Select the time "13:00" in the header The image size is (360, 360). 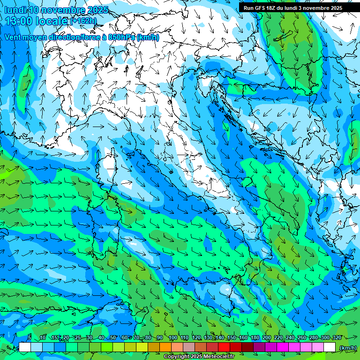coord(19,21)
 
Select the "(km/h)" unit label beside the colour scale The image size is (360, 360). coord(347,348)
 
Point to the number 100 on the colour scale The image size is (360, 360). coord(172,337)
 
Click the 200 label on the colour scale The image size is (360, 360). coord(267,337)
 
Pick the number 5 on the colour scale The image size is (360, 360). coord(29,337)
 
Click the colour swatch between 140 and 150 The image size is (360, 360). coord(224,347)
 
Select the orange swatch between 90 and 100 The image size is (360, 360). coord(165,347)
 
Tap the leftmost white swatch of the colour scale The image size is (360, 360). coord(25,347)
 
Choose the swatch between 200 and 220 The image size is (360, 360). coord(271,347)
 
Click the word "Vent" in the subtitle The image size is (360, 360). coord(14,37)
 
